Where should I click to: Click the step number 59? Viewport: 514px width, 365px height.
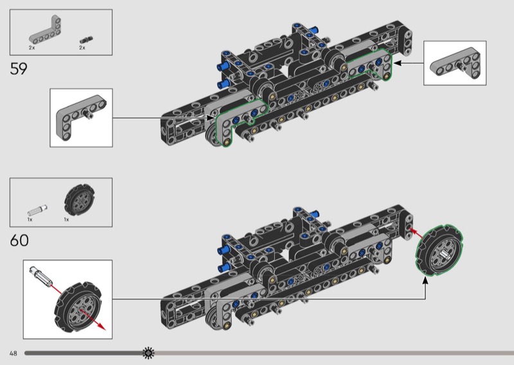19,69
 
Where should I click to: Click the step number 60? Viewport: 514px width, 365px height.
19,240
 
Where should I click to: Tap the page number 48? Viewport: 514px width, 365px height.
13,353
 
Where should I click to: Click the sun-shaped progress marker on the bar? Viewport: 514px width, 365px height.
148,353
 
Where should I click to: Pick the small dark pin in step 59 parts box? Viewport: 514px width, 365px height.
86,40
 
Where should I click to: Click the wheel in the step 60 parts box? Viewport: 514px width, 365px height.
79,199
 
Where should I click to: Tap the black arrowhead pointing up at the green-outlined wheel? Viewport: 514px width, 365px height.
425,281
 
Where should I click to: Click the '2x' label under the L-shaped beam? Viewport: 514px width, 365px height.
31,48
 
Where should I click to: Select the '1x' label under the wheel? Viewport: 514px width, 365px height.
67,219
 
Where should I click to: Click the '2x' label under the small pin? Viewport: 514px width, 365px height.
82,48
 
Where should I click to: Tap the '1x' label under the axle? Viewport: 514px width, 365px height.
30,219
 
